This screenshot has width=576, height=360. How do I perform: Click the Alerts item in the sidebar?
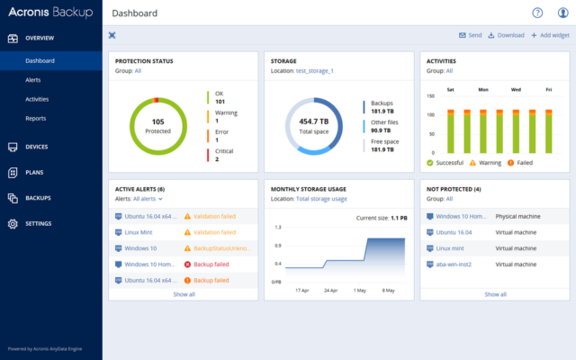click(x=32, y=80)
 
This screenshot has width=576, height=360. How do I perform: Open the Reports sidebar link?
click(x=35, y=118)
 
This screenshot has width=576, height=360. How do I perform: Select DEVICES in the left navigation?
click(x=36, y=146)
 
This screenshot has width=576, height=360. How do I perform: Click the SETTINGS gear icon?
click(x=13, y=223)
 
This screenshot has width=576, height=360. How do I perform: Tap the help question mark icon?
click(x=537, y=13)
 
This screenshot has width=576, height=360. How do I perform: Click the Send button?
click(x=470, y=35)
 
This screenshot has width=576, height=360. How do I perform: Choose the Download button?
click(x=506, y=35)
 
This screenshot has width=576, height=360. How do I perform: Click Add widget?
click(x=550, y=35)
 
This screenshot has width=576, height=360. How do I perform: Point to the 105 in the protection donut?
click(x=157, y=121)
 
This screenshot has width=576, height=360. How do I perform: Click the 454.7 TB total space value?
click(x=314, y=121)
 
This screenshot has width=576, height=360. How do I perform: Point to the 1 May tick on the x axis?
click(x=359, y=291)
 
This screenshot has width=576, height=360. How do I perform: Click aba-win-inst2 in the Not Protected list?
click(x=454, y=265)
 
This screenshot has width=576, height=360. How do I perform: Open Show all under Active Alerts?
click(x=184, y=294)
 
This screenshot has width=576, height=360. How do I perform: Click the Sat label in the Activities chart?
click(x=450, y=90)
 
